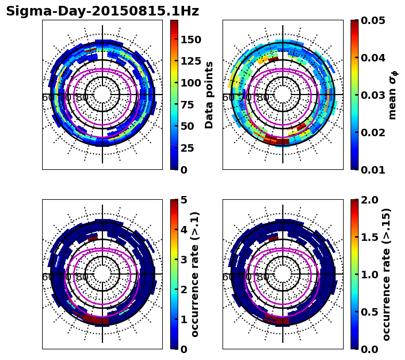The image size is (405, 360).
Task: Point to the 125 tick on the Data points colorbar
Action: [x=191, y=61]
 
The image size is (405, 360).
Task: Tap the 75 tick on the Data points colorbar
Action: [x=191, y=105]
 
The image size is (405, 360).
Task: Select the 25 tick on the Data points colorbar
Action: [x=191, y=148]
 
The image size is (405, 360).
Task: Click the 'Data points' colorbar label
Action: [x=209, y=95]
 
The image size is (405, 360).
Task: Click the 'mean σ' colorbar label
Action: [x=392, y=96]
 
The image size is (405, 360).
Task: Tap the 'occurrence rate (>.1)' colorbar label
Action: [x=195, y=274]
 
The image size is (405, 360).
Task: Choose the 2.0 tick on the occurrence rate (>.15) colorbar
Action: [x=368, y=200]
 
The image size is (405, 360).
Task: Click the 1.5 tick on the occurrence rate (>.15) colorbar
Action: [x=368, y=237]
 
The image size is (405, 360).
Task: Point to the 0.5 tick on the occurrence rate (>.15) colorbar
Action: [x=368, y=311]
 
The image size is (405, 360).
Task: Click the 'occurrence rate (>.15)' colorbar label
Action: [x=386, y=274]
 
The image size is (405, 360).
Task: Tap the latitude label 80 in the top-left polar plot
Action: [x=82, y=98]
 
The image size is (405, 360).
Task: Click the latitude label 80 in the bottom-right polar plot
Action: [x=263, y=277]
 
